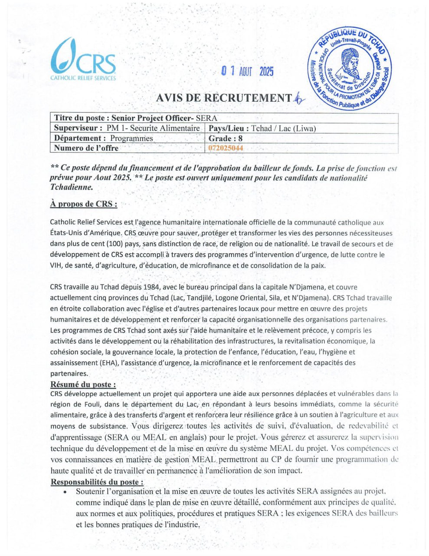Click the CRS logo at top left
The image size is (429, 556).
point(83,60)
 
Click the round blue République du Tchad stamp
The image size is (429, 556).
point(350,69)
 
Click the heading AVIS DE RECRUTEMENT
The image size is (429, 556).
point(223,98)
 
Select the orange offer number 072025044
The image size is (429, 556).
point(226,148)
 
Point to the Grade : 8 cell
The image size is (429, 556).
point(226,139)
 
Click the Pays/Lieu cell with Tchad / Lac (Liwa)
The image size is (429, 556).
point(262,129)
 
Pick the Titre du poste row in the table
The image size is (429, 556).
point(135,118)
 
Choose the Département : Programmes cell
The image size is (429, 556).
point(104,139)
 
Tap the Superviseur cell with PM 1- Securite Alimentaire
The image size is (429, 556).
point(127,129)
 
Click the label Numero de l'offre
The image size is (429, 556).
point(86,148)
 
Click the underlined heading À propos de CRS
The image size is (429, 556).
point(83,204)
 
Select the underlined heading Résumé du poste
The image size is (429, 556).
point(83,384)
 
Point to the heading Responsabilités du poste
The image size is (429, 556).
point(97,482)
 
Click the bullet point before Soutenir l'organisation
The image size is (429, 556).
point(65,492)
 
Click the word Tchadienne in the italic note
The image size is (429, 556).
point(71,187)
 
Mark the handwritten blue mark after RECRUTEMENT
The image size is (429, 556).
point(298,99)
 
